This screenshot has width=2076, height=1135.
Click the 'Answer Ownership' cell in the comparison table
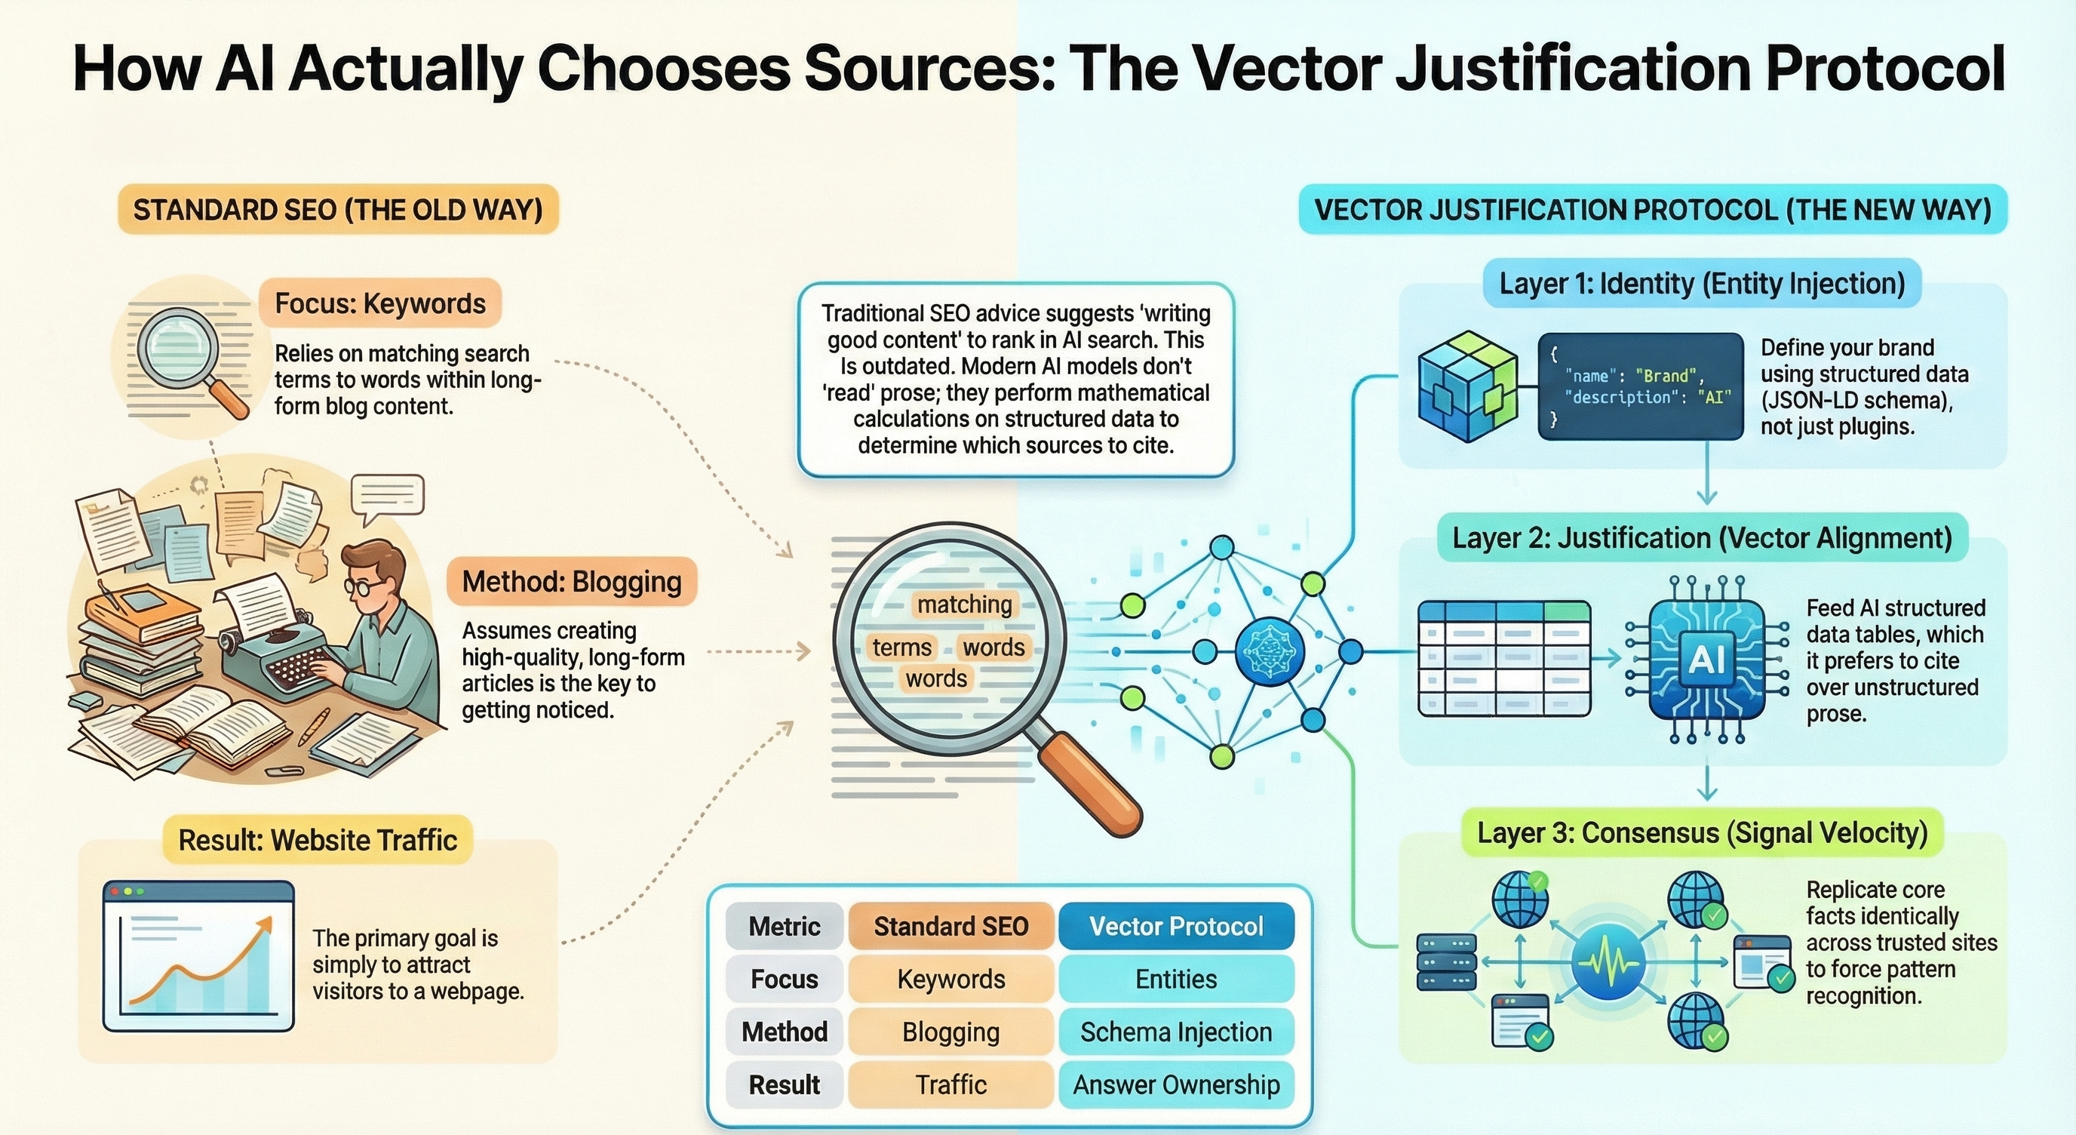[x=1176, y=1084]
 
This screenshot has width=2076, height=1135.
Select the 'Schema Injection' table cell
[x=1176, y=1032]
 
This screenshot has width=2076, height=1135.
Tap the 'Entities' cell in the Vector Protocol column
[x=1176, y=979]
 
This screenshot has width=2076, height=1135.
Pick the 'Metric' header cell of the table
[x=784, y=926]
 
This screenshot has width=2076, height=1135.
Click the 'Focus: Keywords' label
[x=379, y=304]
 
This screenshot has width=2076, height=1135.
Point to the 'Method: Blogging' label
[x=571, y=581]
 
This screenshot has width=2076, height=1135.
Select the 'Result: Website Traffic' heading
[x=318, y=840]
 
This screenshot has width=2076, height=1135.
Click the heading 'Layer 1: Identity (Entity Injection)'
[x=1702, y=284]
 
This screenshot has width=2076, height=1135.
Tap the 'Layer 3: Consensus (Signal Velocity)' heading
[x=1702, y=832]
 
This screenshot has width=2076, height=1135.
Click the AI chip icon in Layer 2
[x=1706, y=660]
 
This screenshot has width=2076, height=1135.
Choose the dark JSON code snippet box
[x=1640, y=386]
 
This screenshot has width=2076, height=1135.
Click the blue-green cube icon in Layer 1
[x=1466, y=386]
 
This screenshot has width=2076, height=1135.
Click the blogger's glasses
[x=363, y=586]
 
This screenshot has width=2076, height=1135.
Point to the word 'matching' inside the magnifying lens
[x=964, y=604]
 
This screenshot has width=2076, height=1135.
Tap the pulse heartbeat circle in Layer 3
[x=1608, y=962]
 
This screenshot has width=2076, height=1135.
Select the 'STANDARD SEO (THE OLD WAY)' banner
[x=338, y=210]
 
